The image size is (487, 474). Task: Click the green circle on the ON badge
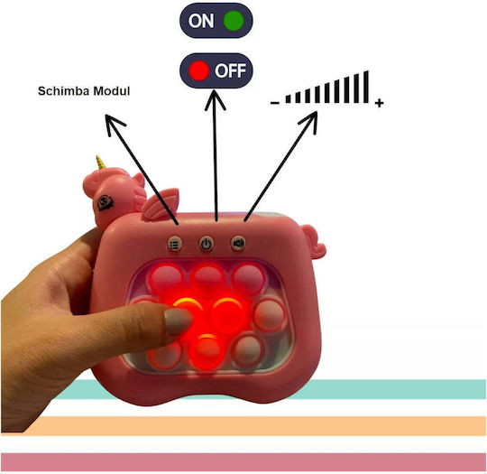[x=234, y=21]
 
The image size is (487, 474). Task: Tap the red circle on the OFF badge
[x=198, y=70]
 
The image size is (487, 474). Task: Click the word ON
[x=201, y=21]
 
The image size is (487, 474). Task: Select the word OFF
[x=231, y=70]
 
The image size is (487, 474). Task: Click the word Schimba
[x=64, y=91]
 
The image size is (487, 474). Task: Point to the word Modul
[x=112, y=91]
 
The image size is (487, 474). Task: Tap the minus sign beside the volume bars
[x=275, y=103]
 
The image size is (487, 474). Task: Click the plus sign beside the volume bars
[x=379, y=103]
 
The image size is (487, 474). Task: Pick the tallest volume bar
[x=366, y=87]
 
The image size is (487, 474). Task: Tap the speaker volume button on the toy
[x=238, y=243]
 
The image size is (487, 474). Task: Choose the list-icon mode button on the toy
[x=175, y=244]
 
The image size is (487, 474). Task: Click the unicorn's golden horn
[x=100, y=163]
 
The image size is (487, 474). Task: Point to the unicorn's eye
[x=106, y=203]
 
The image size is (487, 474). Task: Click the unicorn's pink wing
[x=161, y=204]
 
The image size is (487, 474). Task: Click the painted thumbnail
[x=178, y=321]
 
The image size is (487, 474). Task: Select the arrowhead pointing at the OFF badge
[x=215, y=100]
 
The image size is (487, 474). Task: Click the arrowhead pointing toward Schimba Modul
[x=114, y=125]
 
